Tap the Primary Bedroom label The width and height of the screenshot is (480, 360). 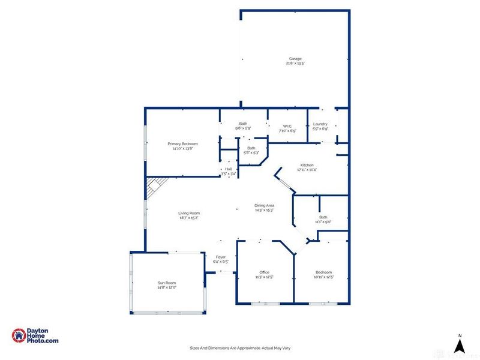coord(182,144)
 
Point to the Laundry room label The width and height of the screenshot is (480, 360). coord(320,124)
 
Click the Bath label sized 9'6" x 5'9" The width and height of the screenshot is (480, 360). coord(243,124)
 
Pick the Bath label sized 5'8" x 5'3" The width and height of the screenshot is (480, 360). coord(251,148)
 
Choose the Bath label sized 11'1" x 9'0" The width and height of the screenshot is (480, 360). coord(323,217)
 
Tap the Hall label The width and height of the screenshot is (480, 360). coord(228,170)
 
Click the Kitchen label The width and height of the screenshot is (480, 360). coord(307,165)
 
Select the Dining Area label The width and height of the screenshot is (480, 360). coord(265,206)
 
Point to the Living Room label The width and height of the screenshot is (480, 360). coord(188,213)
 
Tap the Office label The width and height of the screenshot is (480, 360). coord(265,272)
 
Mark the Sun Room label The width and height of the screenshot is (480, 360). coord(167,283)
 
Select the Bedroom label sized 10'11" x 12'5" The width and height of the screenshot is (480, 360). coord(323,272)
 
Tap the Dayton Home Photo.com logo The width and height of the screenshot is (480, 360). coord(35,336)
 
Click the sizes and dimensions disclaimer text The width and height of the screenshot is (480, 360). coord(239,348)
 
